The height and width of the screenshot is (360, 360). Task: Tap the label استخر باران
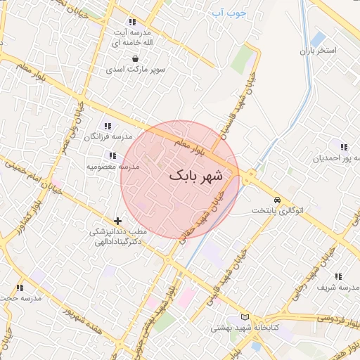pyautogui.click(x=319, y=51)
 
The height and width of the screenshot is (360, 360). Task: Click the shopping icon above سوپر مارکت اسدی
pyautogui.click(x=134, y=59)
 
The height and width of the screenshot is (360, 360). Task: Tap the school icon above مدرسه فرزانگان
pyautogui.click(x=107, y=126)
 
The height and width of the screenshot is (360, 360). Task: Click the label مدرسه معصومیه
pyautogui.click(x=113, y=167)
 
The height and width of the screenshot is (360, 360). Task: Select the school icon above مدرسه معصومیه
pyautogui.click(x=111, y=155)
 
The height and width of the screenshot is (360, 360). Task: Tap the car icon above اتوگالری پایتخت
pyautogui.click(x=278, y=200)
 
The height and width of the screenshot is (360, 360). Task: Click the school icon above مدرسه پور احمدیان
pyautogui.click(x=343, y=147)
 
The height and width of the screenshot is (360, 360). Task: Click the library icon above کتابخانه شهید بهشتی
pyautogui.click(x=244, y=317)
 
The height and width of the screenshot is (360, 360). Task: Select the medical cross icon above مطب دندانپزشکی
pyautogui.click(x=118, y=221)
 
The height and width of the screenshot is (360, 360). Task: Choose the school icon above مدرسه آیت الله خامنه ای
pyautogui.click(x=132, y=22)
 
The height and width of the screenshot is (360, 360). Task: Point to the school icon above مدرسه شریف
pyautogui.click(x=337, y=276)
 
